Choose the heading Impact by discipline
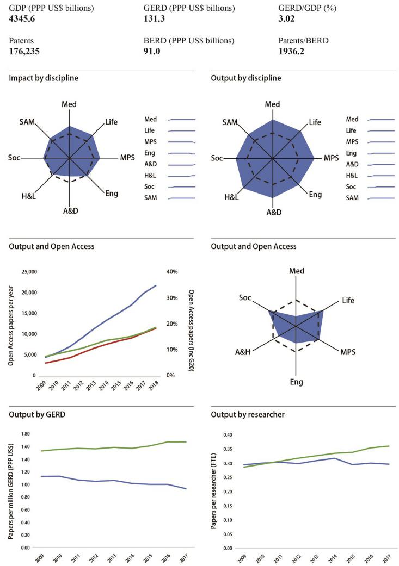point(44,78)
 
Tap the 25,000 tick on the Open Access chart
point(27,272)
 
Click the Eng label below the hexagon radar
point(297,382)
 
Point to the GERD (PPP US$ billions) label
point(181,9)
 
